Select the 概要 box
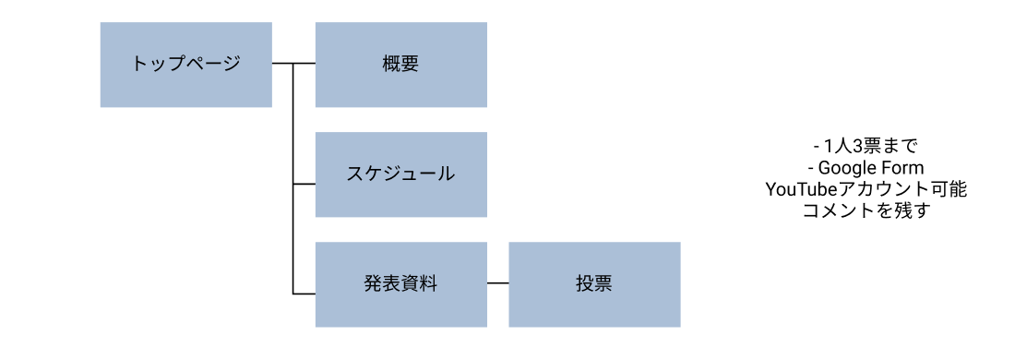(400, 65)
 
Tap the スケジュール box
(400, 174)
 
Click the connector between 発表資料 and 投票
(497, 284)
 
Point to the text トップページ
(185, 64)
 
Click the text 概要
(400, 64)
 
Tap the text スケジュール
(400, 174)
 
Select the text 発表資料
(400, 284)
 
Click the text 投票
(594, 284)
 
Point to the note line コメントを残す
(866, 211)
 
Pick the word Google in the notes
(846, 168)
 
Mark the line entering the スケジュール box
(304, 184)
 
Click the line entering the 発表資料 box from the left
(304, 294)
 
